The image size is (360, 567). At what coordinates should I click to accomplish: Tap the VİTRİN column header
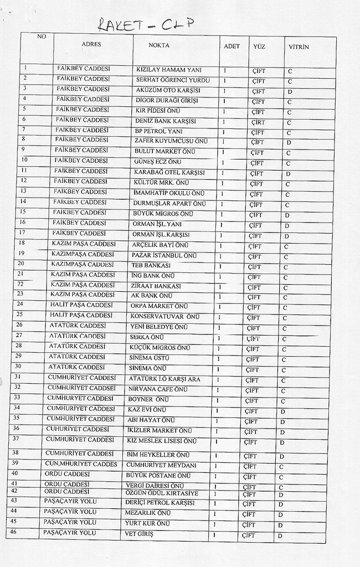[298, 47]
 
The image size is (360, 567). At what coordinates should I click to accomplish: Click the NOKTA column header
[159, 45]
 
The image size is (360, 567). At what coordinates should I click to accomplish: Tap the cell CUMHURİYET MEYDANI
[161, 465]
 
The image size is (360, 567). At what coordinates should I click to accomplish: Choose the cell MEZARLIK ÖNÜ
[148, 513]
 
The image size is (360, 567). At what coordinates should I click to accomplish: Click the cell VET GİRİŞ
[140, 534]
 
